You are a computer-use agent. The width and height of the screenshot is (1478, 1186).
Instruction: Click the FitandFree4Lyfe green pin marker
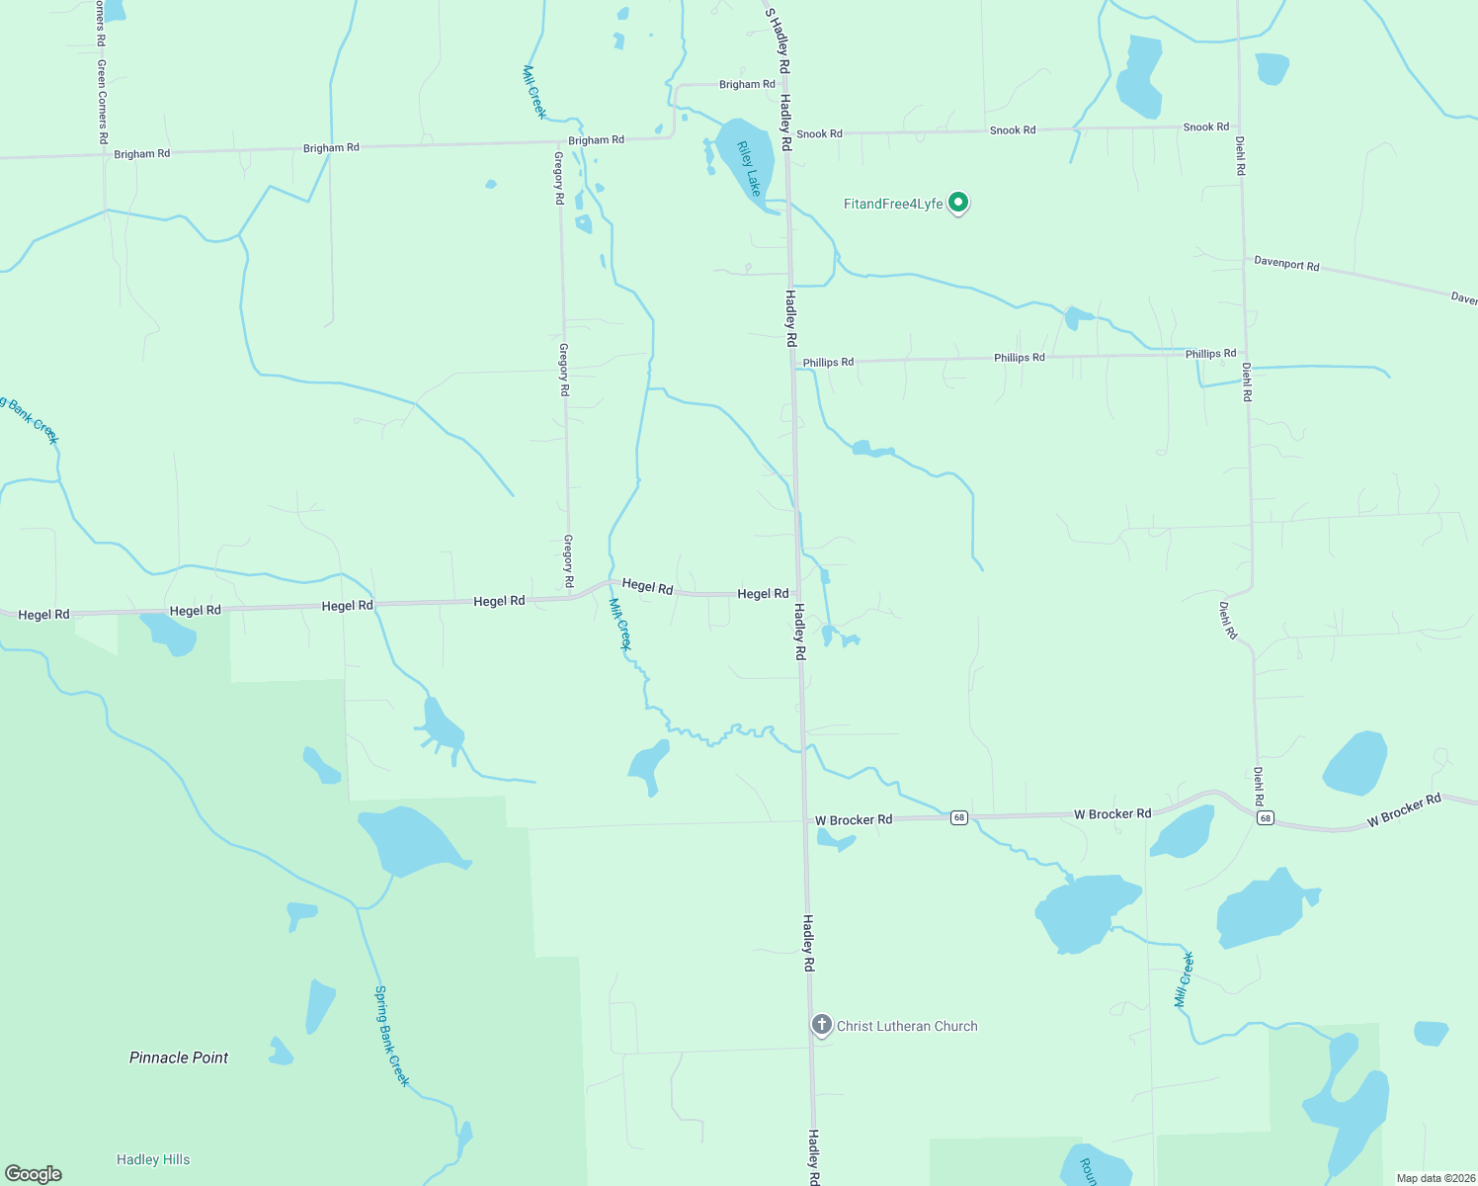click(957, 203)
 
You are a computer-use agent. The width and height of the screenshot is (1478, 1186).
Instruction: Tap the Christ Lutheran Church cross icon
click(821, 1025)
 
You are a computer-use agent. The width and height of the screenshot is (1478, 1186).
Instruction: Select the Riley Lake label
click(749, 168)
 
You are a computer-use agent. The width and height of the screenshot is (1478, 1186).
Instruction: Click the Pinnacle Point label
click(179, 1058)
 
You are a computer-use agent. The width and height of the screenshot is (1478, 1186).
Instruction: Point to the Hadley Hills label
click(153, 1159)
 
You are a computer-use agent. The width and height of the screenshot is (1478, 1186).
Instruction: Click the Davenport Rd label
click(1286, 264)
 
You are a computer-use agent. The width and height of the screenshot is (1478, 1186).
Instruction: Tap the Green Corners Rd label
click(101, 102)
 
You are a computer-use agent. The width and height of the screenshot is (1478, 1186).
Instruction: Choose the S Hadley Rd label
click(778, 41)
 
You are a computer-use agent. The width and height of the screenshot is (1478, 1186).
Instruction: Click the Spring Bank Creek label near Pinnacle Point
click(391, 1036)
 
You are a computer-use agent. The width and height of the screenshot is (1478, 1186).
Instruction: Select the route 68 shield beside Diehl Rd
click(1266, 818)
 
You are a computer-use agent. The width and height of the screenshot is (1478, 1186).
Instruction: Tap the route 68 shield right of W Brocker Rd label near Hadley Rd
click(958, 818)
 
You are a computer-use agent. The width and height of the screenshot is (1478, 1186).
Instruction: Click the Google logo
click(34, 1174)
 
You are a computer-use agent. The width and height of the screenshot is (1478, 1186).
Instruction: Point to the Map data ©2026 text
click(1435, 1178)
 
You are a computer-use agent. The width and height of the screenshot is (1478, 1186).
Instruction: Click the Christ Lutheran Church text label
click(907, 1026)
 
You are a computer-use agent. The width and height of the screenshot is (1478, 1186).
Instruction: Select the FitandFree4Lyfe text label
click(893, 204)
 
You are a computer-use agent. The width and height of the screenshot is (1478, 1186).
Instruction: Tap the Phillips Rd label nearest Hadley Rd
click(828, 363)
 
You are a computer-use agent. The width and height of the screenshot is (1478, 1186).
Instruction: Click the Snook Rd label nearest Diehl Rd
click(1206, 127)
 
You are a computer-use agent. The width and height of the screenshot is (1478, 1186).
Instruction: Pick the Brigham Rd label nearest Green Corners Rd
click(141, 154)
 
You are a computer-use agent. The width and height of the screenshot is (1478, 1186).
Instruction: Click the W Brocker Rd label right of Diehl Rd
click(1404, 810)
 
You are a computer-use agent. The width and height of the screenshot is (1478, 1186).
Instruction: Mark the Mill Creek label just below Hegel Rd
click(619, 624)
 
